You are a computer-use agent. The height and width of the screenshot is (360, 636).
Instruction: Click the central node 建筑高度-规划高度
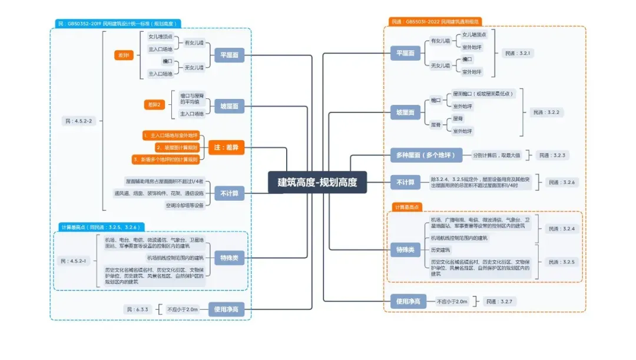pos(317,182)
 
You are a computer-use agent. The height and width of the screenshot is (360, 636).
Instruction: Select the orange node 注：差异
pos(226,147)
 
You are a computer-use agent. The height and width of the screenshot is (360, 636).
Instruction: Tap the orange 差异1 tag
pos(125,55)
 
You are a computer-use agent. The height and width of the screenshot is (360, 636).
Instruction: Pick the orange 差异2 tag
pos(154,105)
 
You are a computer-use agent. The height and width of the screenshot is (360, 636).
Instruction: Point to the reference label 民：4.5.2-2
pos(77,121)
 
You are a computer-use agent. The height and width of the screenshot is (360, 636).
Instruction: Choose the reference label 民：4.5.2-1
pos(73,260)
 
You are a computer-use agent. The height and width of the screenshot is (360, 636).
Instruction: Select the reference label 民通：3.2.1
pos(518,53)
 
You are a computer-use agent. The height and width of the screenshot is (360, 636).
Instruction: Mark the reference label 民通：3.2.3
pos(552,155)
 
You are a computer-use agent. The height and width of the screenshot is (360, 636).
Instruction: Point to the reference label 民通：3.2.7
pos(499,301)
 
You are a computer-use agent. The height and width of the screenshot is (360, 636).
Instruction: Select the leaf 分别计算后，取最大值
pos(496,155)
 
